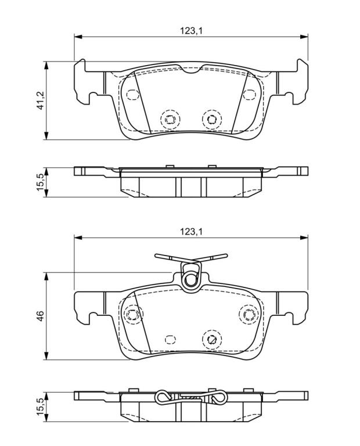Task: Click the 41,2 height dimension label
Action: [41, 100]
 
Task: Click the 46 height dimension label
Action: [41, 316]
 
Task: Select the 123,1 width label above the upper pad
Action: [191, 30]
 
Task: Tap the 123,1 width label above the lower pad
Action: [191, 232]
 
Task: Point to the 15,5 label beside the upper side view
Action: [41, 182]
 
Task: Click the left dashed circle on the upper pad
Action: [170, 119]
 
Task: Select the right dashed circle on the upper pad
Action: [212, 119]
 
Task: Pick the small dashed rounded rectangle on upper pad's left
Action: [132, 95]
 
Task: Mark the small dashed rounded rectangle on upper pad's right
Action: [249, 95]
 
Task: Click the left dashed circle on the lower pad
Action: [132, 314]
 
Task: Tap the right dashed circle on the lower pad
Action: [249, 314]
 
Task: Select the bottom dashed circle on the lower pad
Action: [212, 339]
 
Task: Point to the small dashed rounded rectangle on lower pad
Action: [170, 339]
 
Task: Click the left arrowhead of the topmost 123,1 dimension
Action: [78, 37]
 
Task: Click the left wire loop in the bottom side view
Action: [163, 397]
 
